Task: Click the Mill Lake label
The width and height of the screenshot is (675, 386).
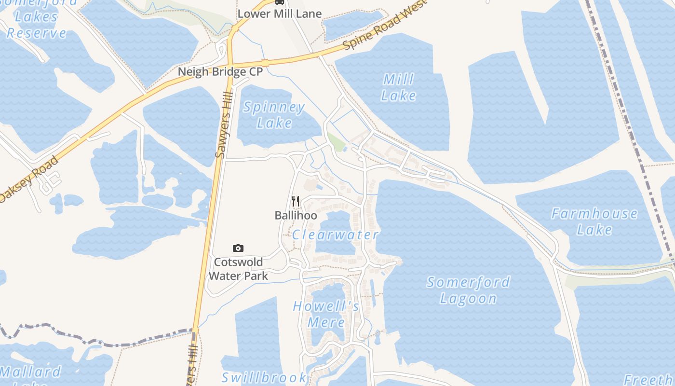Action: [398, 87]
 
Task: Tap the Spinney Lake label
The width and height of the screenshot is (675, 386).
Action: [274, 115]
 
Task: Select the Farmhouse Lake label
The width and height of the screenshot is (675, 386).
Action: [594, 221]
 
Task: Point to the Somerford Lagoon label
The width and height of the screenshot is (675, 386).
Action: [468, 290]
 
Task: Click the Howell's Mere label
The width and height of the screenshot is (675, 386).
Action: [326, 314]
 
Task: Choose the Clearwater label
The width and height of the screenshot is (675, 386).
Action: [335, 235]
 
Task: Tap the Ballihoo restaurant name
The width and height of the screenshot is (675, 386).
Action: [296, 215]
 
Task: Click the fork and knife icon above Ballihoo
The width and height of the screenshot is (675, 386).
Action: [296, 201]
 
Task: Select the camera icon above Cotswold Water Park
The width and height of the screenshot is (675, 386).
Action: [238, 248]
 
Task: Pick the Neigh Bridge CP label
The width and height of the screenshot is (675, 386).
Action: [220, 72]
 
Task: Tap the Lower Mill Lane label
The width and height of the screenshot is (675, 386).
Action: [280, 14]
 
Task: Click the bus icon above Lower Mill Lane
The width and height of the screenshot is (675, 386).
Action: [280, 2]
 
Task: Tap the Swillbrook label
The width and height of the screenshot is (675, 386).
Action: [264, 377]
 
